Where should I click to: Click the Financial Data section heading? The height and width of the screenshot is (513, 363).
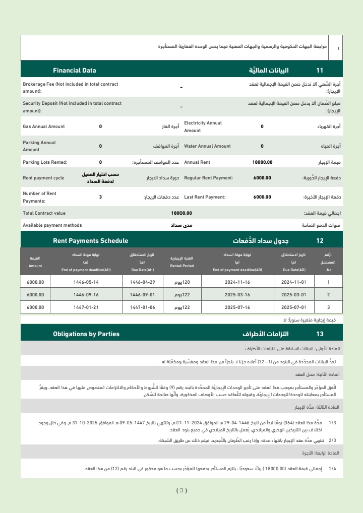pos(74,71)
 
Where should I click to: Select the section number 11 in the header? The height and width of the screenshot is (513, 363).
pos(320,71)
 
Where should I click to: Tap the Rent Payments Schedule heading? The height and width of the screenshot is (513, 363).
pos(90,241)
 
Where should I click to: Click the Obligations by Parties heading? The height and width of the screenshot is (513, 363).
pos(86,334)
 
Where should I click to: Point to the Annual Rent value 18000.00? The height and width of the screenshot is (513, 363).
pos(262,162)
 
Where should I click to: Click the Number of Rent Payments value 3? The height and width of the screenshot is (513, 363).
pos(100,197)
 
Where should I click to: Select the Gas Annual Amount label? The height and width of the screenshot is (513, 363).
pos(44,126)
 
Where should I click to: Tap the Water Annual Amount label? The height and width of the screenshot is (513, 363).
pos(207,146)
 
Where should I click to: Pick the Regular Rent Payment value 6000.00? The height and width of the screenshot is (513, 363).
pos(262,177)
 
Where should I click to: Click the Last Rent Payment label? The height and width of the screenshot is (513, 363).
pos(205,197)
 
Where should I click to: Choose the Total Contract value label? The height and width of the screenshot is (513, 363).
pos(44,213)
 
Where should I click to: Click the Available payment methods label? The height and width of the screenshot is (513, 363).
pos(52,225)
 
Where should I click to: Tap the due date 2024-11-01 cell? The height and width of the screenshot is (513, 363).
pos(293,282)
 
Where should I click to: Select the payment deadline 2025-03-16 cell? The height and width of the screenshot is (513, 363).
pos(237,294)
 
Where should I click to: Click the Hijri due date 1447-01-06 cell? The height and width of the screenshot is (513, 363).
pos(143,307)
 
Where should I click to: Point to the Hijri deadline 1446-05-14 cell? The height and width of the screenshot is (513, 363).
pos(86,282)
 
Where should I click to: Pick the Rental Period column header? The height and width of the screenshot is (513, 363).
pos(181,262)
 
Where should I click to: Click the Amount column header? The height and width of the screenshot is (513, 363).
pos(35,262)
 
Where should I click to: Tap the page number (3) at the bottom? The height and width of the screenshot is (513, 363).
pos(181,490)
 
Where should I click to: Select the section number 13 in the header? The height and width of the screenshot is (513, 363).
pos(320,334)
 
